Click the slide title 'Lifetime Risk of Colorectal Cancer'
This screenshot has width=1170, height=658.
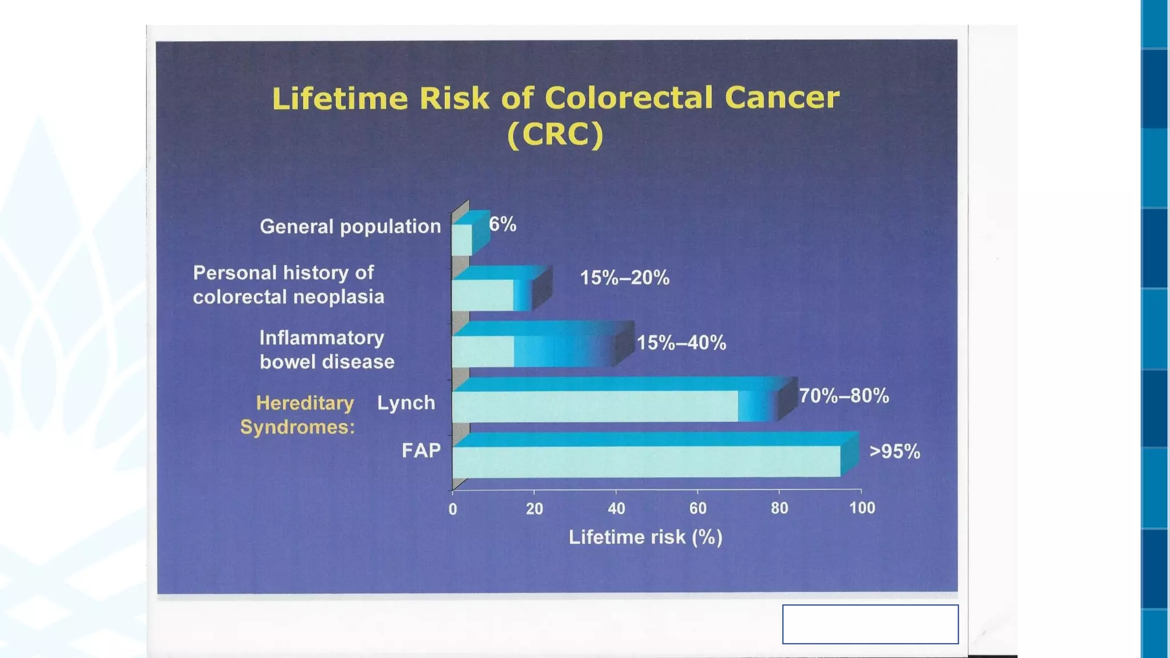coord(555,98)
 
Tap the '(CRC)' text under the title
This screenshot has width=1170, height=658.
coord(555,135)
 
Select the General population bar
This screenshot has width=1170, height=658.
coord(462,239)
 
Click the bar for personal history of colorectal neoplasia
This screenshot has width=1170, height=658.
coord(491,295)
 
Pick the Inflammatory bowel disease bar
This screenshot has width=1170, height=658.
coord(531,350)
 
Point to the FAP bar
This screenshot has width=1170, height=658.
coord(646,461)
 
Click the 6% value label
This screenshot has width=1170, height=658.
coord(503,224)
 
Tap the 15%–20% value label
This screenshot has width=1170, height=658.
coord(624,278)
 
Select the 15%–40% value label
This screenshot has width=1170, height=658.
coord(682,343)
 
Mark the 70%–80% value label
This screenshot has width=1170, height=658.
coord(844,395)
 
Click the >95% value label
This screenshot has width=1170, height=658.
coord(895,452)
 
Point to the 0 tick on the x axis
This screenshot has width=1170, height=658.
coord(452,508)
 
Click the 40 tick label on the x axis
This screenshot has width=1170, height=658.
coord(616,508)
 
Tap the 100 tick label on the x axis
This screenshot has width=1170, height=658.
coord(862,508)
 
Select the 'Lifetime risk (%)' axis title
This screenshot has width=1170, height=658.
coord(646,537)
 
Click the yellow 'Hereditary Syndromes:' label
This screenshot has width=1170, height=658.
coord(298,415)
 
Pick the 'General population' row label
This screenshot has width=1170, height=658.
coord(350,227)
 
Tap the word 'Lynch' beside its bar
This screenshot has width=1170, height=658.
coord(406,403)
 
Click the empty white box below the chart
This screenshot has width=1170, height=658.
coord(870,624)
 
